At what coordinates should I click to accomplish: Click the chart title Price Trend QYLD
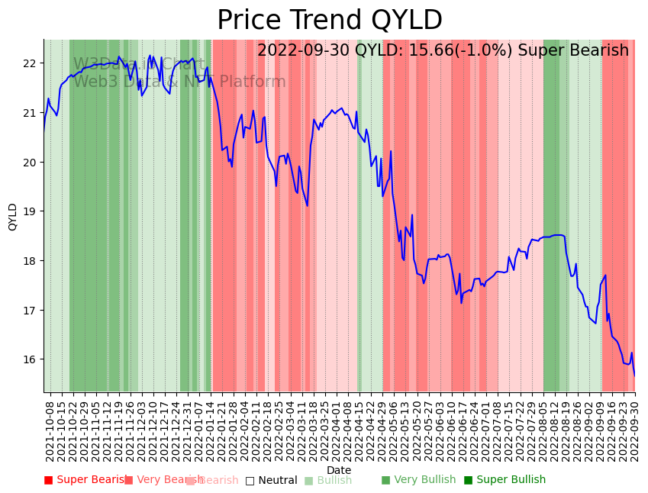[329, 21]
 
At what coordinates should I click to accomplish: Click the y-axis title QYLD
[12, 217]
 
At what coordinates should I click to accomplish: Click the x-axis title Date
[339, 471]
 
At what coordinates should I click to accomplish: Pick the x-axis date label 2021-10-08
[50, 430]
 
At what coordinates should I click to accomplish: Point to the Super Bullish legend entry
[505, 480]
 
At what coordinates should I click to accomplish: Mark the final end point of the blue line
[634, 375]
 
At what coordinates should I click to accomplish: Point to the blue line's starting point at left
[44, 130]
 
